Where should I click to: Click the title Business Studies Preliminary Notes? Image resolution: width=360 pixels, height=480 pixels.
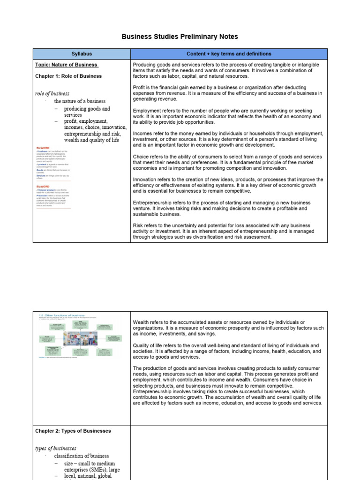(x=180, y=37)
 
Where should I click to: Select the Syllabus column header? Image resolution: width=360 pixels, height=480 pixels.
(x=82, y=54)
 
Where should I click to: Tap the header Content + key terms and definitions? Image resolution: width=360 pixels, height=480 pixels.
(x=229, y=54)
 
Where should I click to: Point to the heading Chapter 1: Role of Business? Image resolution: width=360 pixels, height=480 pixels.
(x=68, y=76)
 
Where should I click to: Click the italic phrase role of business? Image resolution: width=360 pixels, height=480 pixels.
(x=52, y=93)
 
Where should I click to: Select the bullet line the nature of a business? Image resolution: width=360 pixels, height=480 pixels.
(x=80, y=101)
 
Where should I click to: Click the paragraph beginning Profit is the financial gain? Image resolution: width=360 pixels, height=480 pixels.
(x=227, y=93)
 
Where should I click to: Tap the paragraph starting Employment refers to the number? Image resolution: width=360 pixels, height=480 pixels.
(x=227, y=116)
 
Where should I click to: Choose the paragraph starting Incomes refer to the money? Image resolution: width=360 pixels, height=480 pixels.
(x=227, y=139)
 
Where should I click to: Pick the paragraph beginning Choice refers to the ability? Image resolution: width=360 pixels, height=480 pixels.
(x=227, y=162)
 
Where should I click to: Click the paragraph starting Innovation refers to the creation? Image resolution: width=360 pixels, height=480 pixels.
(x=227, y=185)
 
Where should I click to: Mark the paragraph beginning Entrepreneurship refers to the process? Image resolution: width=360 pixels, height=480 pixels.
(x=227, y=208)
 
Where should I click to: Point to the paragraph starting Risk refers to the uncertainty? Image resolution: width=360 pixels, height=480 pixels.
(x=227, y=231)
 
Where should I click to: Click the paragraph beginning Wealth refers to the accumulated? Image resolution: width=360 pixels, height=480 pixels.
(x=227, y=328)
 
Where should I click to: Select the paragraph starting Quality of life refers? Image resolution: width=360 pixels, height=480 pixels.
(x=227, y=351)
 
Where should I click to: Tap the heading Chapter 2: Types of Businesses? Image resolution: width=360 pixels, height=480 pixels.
(x=73, y=431)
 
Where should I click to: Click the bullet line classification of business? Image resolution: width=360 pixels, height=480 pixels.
(x=82, y=456)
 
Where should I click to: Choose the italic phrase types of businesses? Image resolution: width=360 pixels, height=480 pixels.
(x=56, y=448)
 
